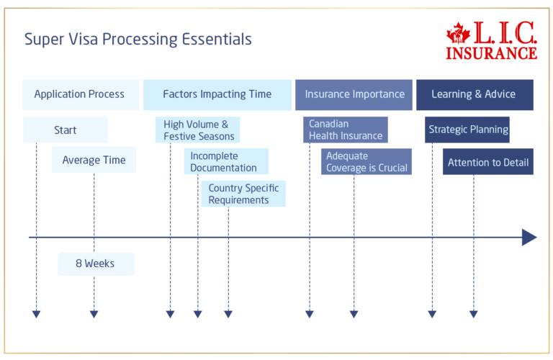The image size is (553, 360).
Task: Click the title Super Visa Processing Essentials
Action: point(138,40)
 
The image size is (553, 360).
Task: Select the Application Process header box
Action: point(79,94)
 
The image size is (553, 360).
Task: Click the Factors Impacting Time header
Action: point(217,94)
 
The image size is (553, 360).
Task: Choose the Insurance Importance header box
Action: point(354,94)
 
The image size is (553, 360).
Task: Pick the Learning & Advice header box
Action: point(474,94)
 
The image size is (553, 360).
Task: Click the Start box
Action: point(65,130)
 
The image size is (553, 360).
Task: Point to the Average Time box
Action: point(94,160)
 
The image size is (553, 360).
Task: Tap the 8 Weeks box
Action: point(95,264)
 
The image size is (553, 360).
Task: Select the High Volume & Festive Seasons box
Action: point(197,130)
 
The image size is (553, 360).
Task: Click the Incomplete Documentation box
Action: point(225,162)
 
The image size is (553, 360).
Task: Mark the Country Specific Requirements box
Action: point(243,194)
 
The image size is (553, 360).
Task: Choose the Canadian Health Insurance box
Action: point(346,130)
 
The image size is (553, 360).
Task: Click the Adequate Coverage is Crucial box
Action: point(367,162)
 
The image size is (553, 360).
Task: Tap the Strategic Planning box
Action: point(468,130)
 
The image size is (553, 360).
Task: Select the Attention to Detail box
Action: point(487,163)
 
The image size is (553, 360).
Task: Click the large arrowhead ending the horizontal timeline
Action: point(529,237)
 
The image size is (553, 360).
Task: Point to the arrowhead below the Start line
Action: point(37,314)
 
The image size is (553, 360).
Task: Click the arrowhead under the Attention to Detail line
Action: point(473,314)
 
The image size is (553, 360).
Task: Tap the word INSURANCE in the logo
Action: point(491,53)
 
